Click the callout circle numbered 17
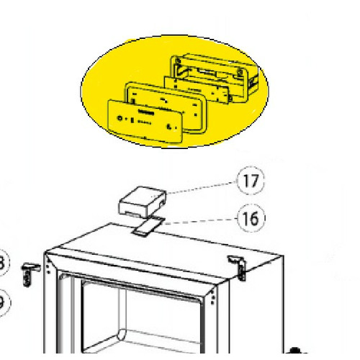[x=251, y=180]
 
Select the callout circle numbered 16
[x=251, y=217]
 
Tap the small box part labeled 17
[x=140, y=202]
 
